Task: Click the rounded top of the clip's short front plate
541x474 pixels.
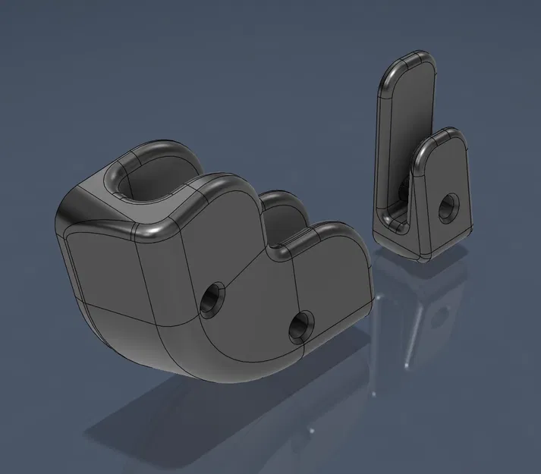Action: (x=444, y=137)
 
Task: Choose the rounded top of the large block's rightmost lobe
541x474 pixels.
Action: (x=334, y=231)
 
